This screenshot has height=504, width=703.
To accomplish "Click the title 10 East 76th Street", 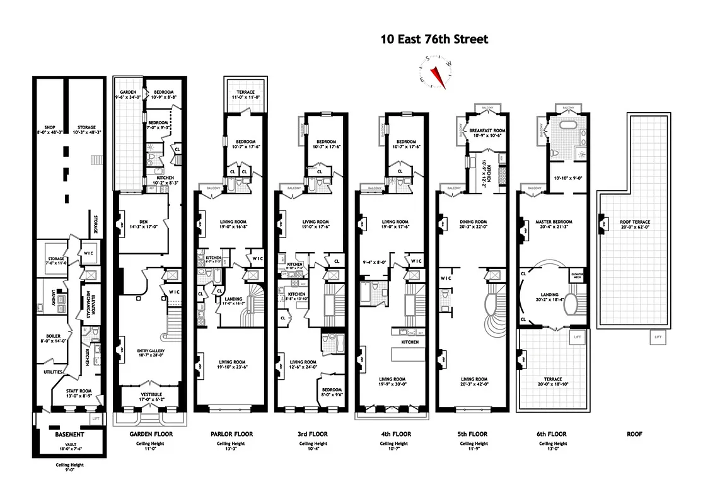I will [434, 40].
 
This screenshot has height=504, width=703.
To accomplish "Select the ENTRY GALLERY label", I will [151, 352].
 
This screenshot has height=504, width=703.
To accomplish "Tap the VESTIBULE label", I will [150, 394].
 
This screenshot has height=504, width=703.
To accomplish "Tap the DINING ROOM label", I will [473, 222].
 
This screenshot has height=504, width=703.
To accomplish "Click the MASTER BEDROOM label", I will [554, 222].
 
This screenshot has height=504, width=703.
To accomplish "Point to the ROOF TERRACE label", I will [635, 222].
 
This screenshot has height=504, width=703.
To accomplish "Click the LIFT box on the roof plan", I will [658, 338].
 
